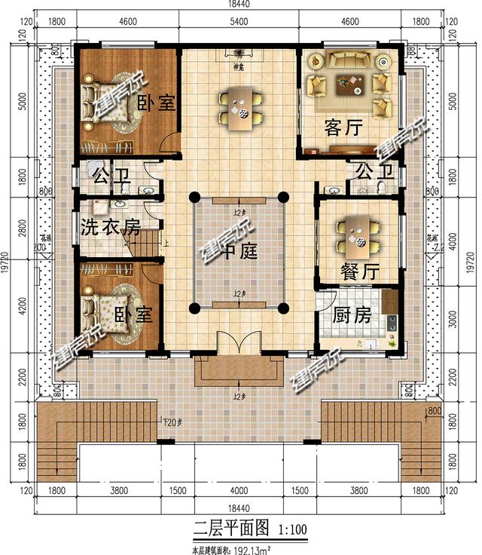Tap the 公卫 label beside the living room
[373, 170]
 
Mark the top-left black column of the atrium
[194, 198]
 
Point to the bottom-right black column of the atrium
[284, 308]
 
